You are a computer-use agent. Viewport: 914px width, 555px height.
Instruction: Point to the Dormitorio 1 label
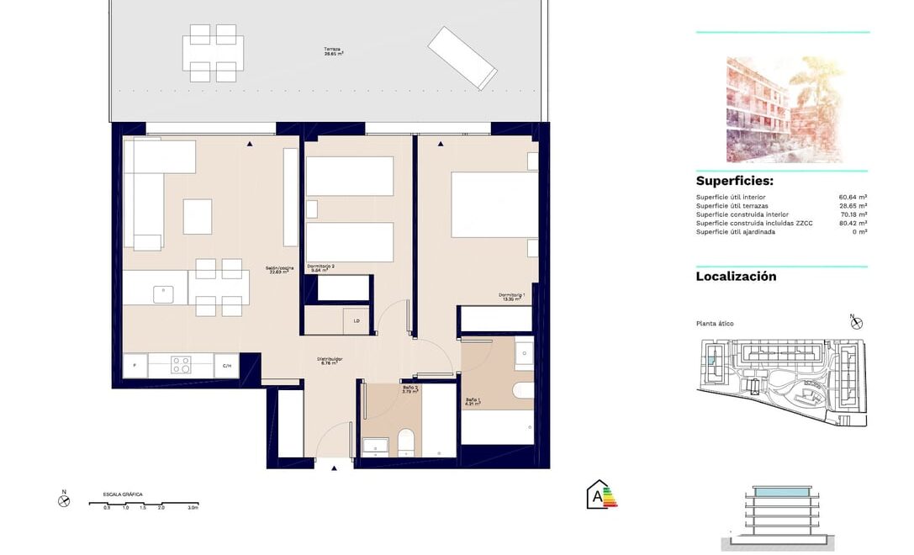pyautogui.click(x=511, y=296)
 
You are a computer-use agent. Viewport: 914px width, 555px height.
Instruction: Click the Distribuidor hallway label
pyautogui.click(x=330, y=361)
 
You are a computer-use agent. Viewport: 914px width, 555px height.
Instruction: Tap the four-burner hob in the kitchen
pyautogui.click(x=182, y=365)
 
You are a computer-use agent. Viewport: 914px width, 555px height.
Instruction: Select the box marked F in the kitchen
pyautogui.click(x=135, y=366)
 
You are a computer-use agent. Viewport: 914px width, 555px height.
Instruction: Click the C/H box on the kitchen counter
pyautogui.click(x=226, y=366)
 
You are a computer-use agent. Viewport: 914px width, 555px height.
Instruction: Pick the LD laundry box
pyautogui.click(x=357, y=320)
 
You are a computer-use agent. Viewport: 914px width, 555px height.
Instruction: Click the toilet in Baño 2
pyautogui.click(x=405, y=440)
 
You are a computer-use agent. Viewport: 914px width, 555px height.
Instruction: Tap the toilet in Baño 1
pyautogui.click(x=522, y=390)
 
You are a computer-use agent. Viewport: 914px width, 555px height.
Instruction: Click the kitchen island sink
pyautogui.click(x=164, y=294)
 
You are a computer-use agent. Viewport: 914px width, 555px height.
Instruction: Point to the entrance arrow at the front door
pyautogui.click(x=334, y=468)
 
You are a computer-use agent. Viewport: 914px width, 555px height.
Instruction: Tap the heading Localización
pyautogui.click(x=736, y=277)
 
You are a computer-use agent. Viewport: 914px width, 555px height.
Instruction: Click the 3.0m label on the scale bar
pyautogui.click(x=193, y=508)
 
